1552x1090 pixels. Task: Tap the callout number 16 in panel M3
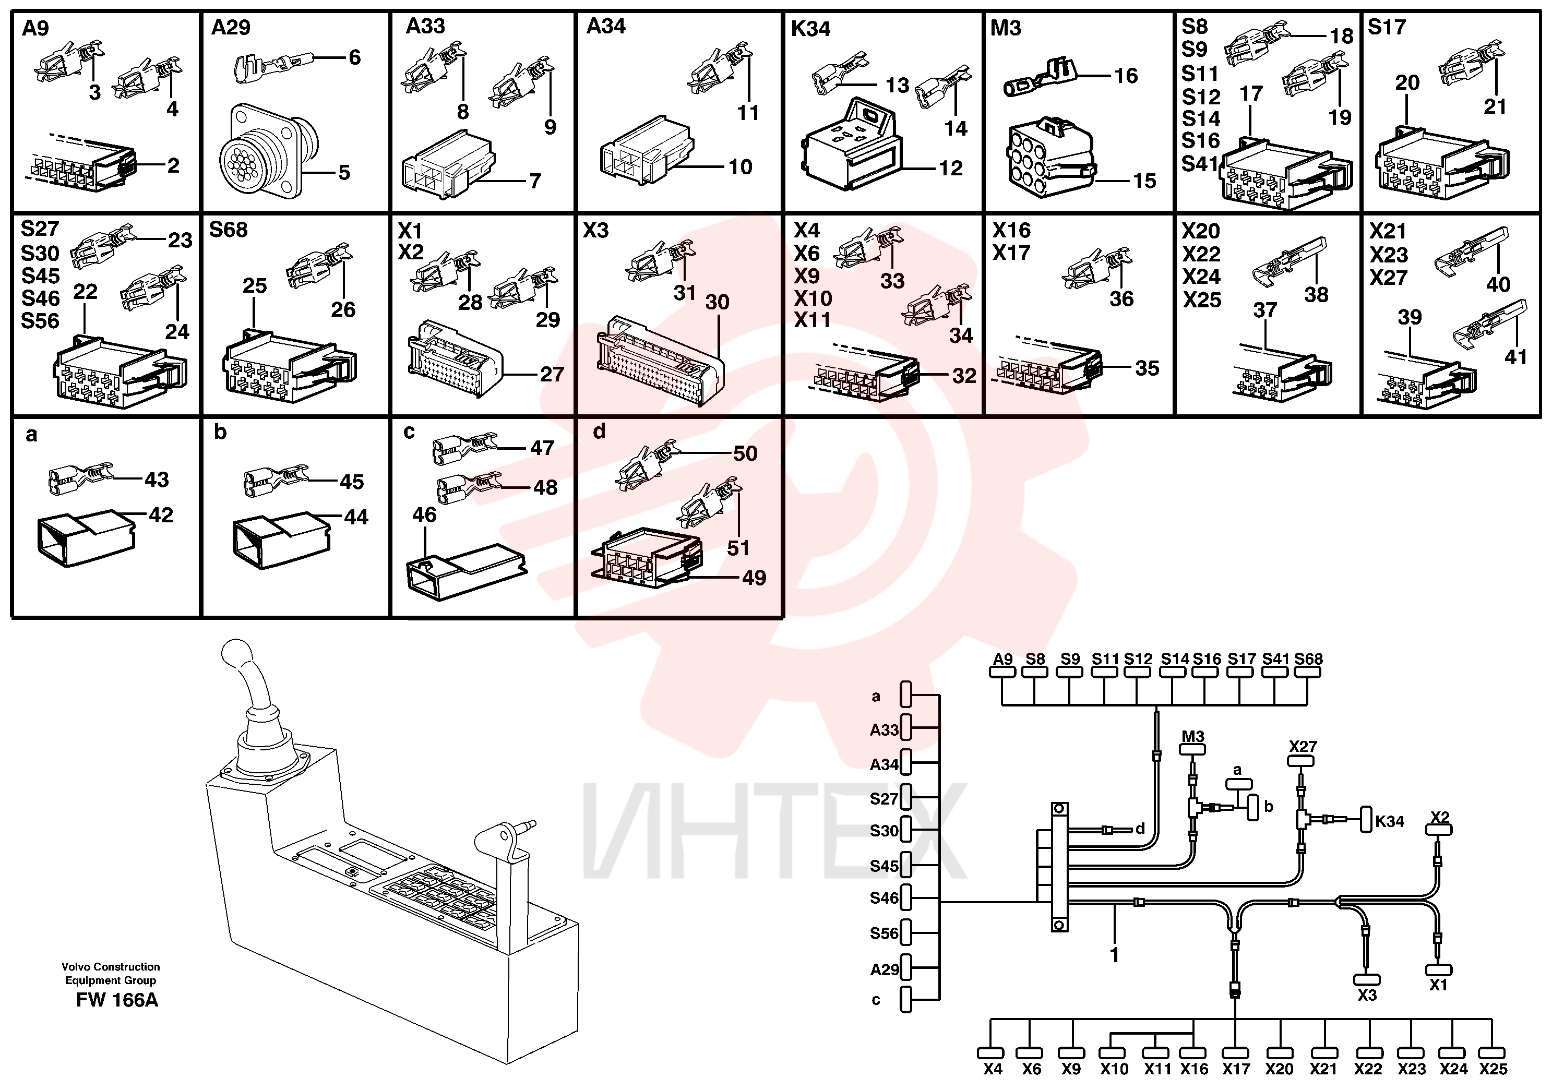coord(1126,76)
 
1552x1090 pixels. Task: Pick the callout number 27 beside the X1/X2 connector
coord(552,374)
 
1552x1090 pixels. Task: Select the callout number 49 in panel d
coord(754,578)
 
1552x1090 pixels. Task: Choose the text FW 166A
coord(117,1000)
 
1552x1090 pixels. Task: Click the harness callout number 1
coord(1114,954)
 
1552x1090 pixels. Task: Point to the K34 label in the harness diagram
coord(1390,821)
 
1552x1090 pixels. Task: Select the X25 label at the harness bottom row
coord(1493,1069)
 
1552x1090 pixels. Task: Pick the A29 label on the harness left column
coord(884,969)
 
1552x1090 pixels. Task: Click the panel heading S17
coord(1387,27)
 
